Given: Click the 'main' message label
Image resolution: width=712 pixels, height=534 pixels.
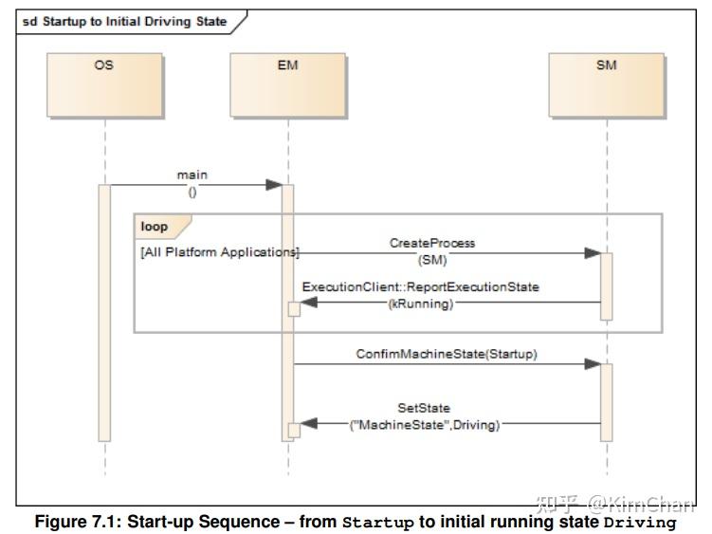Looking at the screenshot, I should [x=192, y=175].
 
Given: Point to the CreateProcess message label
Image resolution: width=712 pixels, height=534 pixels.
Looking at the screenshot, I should [x=432, y=243].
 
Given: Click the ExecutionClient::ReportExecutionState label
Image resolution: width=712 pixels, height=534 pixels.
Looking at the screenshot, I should [x=421, y=287].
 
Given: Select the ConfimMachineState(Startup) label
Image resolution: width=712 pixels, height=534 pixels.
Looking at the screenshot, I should [x=447, y=354].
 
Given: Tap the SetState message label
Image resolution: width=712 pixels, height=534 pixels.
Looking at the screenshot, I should [x=424, y=408].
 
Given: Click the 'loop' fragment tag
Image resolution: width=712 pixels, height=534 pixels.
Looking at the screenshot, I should [x=155, y=227].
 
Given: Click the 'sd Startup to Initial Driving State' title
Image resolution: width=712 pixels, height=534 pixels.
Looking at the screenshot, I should [x=123, y=21].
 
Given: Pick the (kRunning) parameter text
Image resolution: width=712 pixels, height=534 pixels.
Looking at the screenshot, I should [x=421, y=304].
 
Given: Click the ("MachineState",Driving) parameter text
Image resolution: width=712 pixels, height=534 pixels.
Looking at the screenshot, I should [x=425, y=424].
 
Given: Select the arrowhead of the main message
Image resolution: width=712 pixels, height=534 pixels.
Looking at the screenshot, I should [x=273, y=185].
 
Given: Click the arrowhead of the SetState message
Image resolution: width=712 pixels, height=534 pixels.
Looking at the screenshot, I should [x=308, y=424].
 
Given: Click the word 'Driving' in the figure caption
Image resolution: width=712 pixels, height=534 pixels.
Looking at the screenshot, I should [x=640, y=523].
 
